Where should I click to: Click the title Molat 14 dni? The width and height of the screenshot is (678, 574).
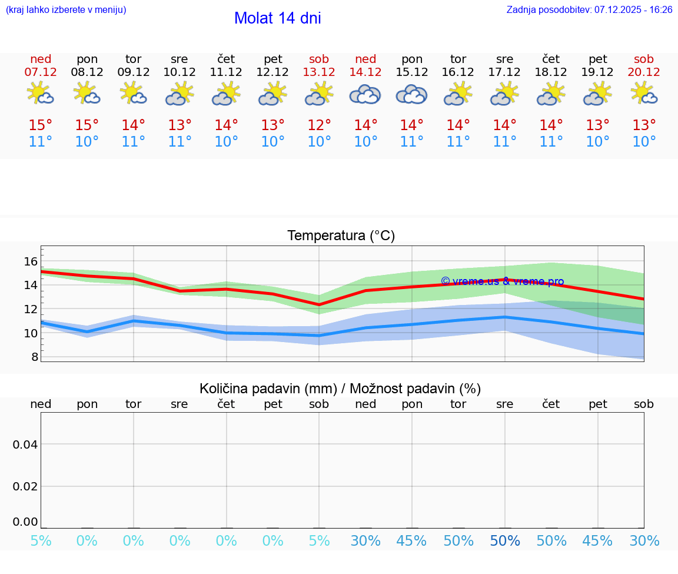coord(277,18)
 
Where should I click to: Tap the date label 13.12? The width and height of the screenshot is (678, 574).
coord(319,72)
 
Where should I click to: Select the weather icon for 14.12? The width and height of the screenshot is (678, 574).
coord(365,94)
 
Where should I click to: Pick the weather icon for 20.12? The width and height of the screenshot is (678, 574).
coord(644,94)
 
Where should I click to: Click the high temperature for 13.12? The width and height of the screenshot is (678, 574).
coord(319,125)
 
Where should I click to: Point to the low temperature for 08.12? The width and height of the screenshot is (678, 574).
coord(87,141)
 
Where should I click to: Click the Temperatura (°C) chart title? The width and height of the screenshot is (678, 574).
coord(341,235)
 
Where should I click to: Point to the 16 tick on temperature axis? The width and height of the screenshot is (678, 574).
coord(31,261)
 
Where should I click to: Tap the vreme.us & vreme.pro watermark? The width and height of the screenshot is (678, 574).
coord(502,281)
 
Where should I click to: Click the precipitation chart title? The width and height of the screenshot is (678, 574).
coord(340,389)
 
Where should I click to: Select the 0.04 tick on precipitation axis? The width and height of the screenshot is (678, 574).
coord(25,444)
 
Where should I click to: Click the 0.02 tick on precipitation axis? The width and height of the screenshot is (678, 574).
coord(25,486)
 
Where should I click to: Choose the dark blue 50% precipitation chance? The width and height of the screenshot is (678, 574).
coord(505,541)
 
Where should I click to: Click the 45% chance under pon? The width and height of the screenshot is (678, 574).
coord(412,541)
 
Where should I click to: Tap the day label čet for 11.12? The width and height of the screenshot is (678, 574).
coord(226,59)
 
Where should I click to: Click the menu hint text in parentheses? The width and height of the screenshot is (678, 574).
coord(66,9)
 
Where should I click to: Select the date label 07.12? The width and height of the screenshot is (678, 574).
coord(41,72)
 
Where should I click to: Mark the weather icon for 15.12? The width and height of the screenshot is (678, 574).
coord(411,94)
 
